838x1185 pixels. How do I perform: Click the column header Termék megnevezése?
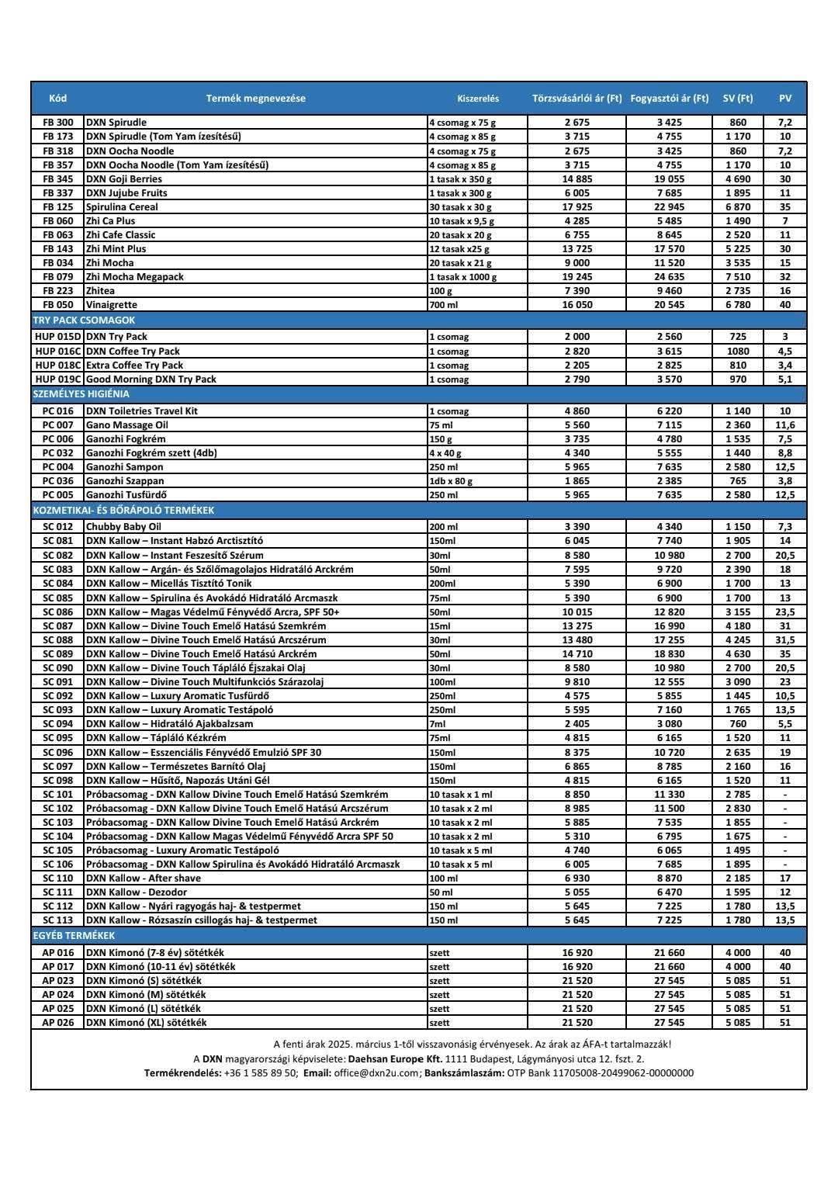[x=255, y=99]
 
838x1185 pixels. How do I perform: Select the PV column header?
[x=785, y=99]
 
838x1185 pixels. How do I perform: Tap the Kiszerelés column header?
[x=478, y=99]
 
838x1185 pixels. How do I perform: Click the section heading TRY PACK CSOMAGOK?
[x=84, y=320]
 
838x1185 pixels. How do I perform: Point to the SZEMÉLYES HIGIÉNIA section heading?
[x=81, y=393]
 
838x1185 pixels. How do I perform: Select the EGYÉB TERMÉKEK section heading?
[x=73, y=936]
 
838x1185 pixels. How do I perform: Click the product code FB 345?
[x=58, y=179]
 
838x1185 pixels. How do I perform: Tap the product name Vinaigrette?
[x=112, y=305]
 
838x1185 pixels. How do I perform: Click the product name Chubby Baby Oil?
[x=123, y=527]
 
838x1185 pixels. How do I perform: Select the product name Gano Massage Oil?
[x=126, y=425]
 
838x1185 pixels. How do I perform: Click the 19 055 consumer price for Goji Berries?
[x=669, y=179]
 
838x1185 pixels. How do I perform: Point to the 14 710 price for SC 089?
[x=577, y=654]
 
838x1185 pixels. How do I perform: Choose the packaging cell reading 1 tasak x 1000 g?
[x=463, y=277]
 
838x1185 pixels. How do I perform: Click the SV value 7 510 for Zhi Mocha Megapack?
[x=738, y=277]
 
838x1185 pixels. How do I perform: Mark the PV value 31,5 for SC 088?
[x=785, y=640]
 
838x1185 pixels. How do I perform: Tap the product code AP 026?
[x=58, y=1023]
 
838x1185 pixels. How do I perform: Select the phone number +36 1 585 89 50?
[x=260, y=1073]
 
